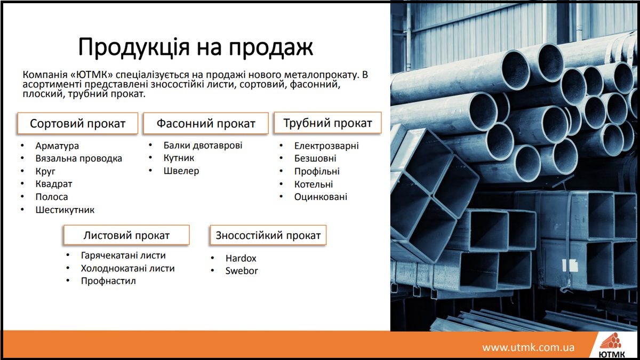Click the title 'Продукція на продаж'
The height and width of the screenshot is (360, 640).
(196, 47)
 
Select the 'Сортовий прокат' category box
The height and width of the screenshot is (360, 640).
(78, 123)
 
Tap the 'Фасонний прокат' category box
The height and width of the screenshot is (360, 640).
(206, 123)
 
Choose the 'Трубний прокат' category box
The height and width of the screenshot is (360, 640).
(327, 123)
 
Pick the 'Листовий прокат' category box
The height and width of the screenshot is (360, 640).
(126, 235)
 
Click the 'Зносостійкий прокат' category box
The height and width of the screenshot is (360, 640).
(268, 235)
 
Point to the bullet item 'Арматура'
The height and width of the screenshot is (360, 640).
(57, 146)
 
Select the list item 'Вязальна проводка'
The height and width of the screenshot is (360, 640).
(78, 158)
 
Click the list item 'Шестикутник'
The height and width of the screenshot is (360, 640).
(65, 210)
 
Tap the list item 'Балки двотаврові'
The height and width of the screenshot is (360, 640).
(203, 146)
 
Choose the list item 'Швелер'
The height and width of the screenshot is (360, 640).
(181, 171)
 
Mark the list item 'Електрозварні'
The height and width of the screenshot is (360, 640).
(326, 146)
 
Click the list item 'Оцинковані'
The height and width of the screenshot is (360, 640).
(321, 197)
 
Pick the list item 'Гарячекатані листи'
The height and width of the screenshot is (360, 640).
(123, 255)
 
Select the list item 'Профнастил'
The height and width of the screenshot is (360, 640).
(108, 281)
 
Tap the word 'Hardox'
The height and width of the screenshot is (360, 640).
(241, 258)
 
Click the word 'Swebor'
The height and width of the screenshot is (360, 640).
(242, 271)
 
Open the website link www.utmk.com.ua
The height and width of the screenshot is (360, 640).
(529, 347)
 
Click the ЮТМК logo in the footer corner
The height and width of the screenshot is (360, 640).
(611, 345)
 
